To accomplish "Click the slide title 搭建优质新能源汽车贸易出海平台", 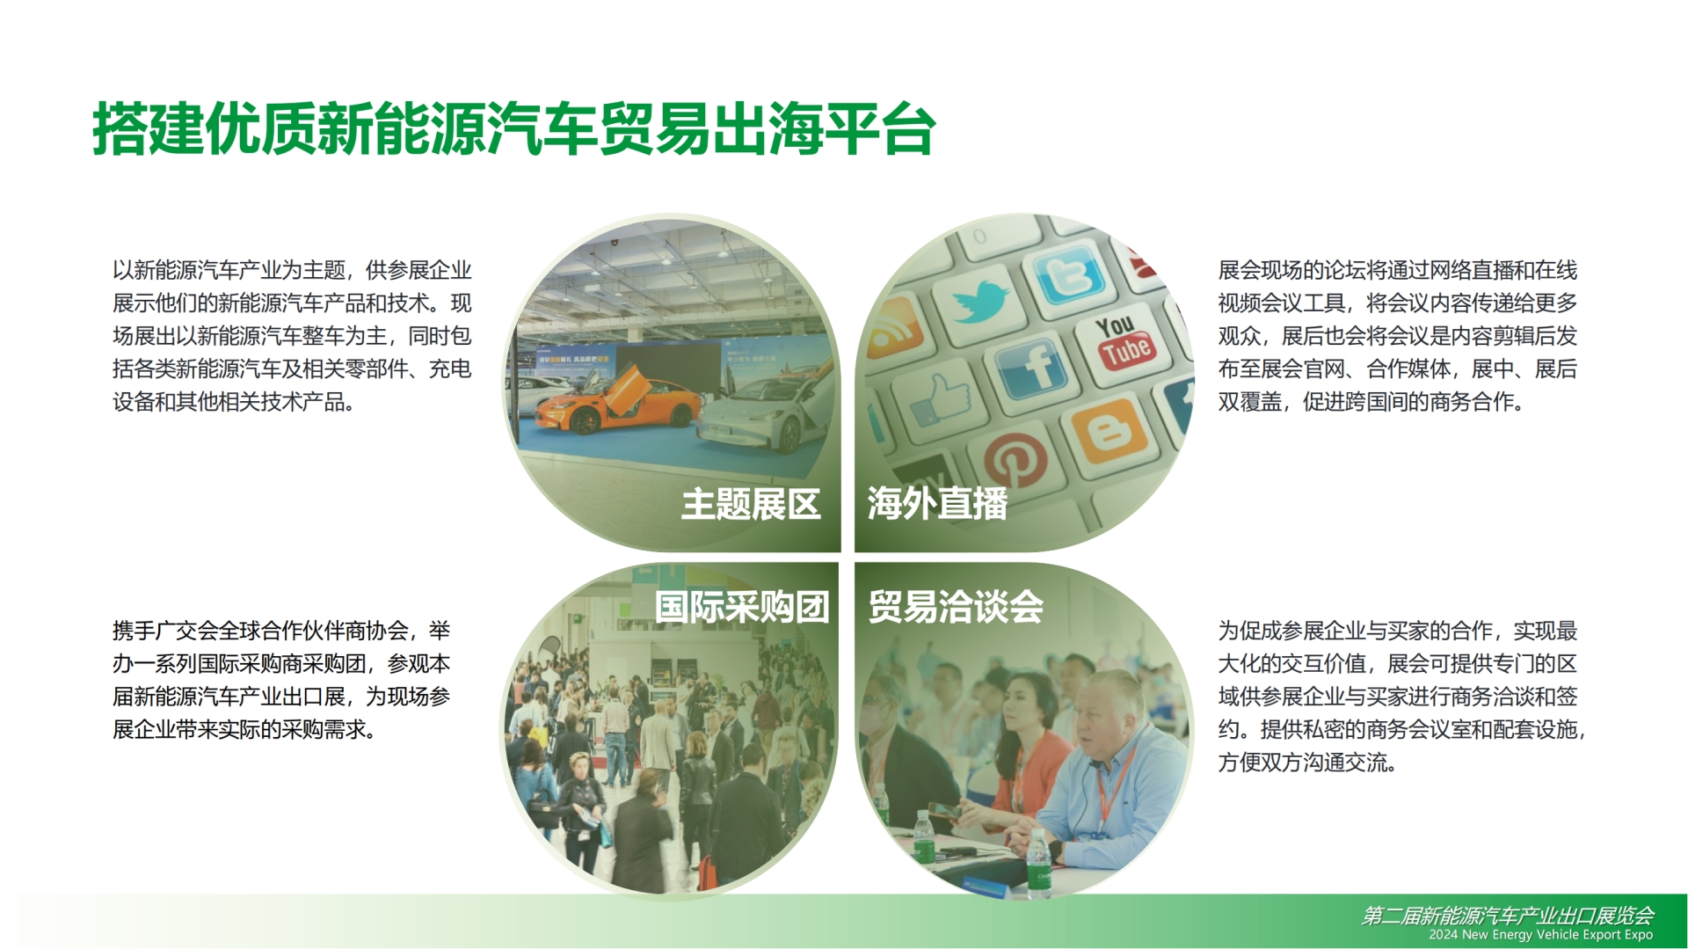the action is tap(513, 129).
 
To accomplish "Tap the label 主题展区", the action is tap(751, 505).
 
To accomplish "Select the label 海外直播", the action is tap(937, 504).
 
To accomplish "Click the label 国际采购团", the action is tap(742, 607).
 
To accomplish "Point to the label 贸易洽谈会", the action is tap(956, 607).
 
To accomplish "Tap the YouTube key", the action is tap(1123, 341).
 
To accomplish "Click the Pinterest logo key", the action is tap(1015, 460).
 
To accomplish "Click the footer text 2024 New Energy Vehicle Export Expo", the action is tap(1540, 935).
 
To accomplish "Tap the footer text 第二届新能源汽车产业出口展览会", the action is tap(1508, 916).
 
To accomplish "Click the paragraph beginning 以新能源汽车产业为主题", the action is tap(292, 336).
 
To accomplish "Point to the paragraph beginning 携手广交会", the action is tap(281, 680).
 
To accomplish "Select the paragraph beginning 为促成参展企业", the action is tap(1401, 697).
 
